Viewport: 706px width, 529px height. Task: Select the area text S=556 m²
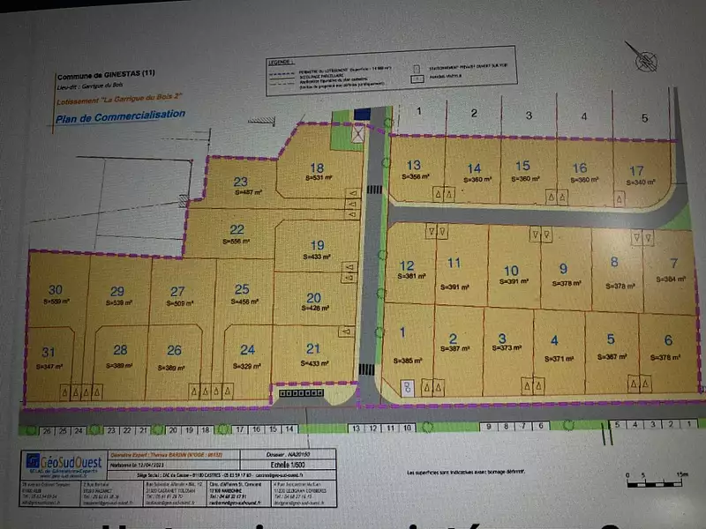tap(237, 240)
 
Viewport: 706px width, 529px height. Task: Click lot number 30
tap(56, 290)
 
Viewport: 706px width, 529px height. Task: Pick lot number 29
tap(117, 291)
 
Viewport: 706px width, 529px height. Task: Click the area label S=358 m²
tap(414, 176)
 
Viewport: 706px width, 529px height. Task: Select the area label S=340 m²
tap(637, 182)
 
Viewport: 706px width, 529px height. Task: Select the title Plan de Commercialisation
tap(120, 115)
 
